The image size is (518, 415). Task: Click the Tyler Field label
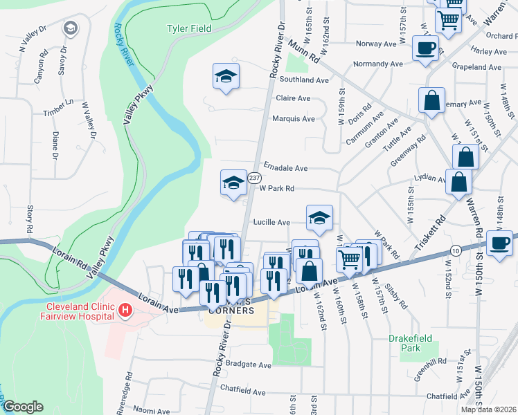(x=189, y=28)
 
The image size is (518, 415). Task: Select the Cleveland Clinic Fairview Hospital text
(x=79, y=311)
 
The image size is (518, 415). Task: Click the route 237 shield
(x=255, y=178)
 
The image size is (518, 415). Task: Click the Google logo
(x=23, y=406)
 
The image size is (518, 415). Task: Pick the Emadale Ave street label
(x=285, y=168)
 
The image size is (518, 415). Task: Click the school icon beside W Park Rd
(x=233, y=183)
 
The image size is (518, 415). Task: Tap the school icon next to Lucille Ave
(x=319, y=217)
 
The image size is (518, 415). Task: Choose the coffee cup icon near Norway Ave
(x=425, y=48)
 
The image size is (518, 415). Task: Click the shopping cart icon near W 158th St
(x=350, y=260)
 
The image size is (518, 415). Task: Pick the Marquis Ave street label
(x=294, y=118)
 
